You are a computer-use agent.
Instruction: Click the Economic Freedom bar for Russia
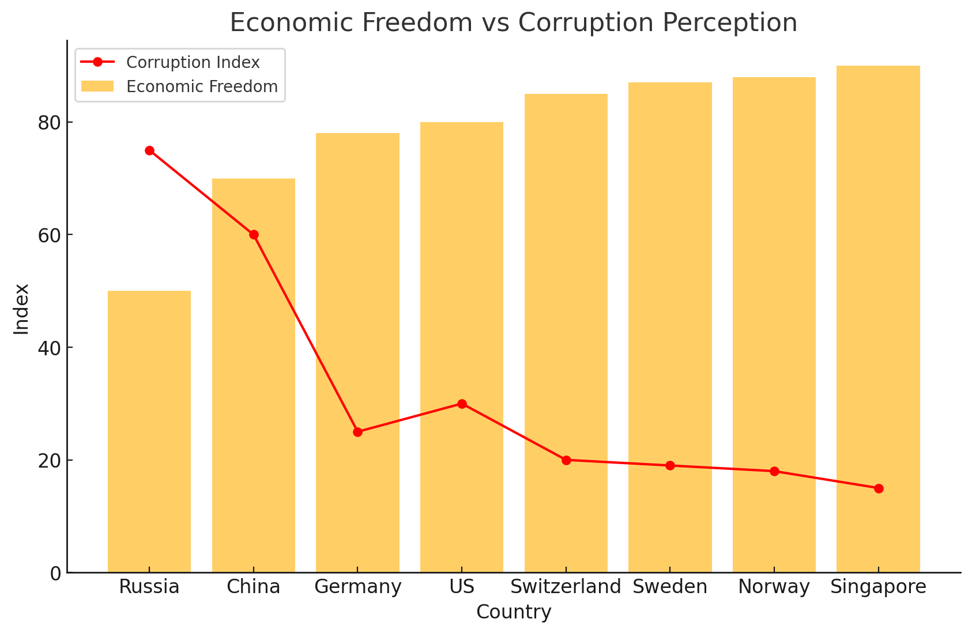pyautogui.click(x=149, y=432)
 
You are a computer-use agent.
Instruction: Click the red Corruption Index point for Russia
pyautogui.click(x=149, y=150)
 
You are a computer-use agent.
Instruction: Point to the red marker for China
pyautogui.click(x=254, y=234)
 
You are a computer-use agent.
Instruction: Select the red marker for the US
pyautogui.click(x=462, y=404)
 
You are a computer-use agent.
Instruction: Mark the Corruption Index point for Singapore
pyautogui.click(x=878, y=488)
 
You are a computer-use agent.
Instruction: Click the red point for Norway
pyautogui.click(x=774, y=471)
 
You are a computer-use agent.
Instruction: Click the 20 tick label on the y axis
pyautogui.click(x=50, y=460)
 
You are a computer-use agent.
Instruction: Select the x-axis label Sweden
pyautogui.click(x=670, y=587)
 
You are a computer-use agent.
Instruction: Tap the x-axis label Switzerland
pyautogui.click(x=566, y=587)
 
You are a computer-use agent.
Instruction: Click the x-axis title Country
pyautogui.click(x=514, y=612)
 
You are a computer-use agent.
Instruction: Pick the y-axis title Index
pyautogui.click(x=21, y=309)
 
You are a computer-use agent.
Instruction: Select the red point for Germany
pyautogui.click(x=357, y=432)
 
